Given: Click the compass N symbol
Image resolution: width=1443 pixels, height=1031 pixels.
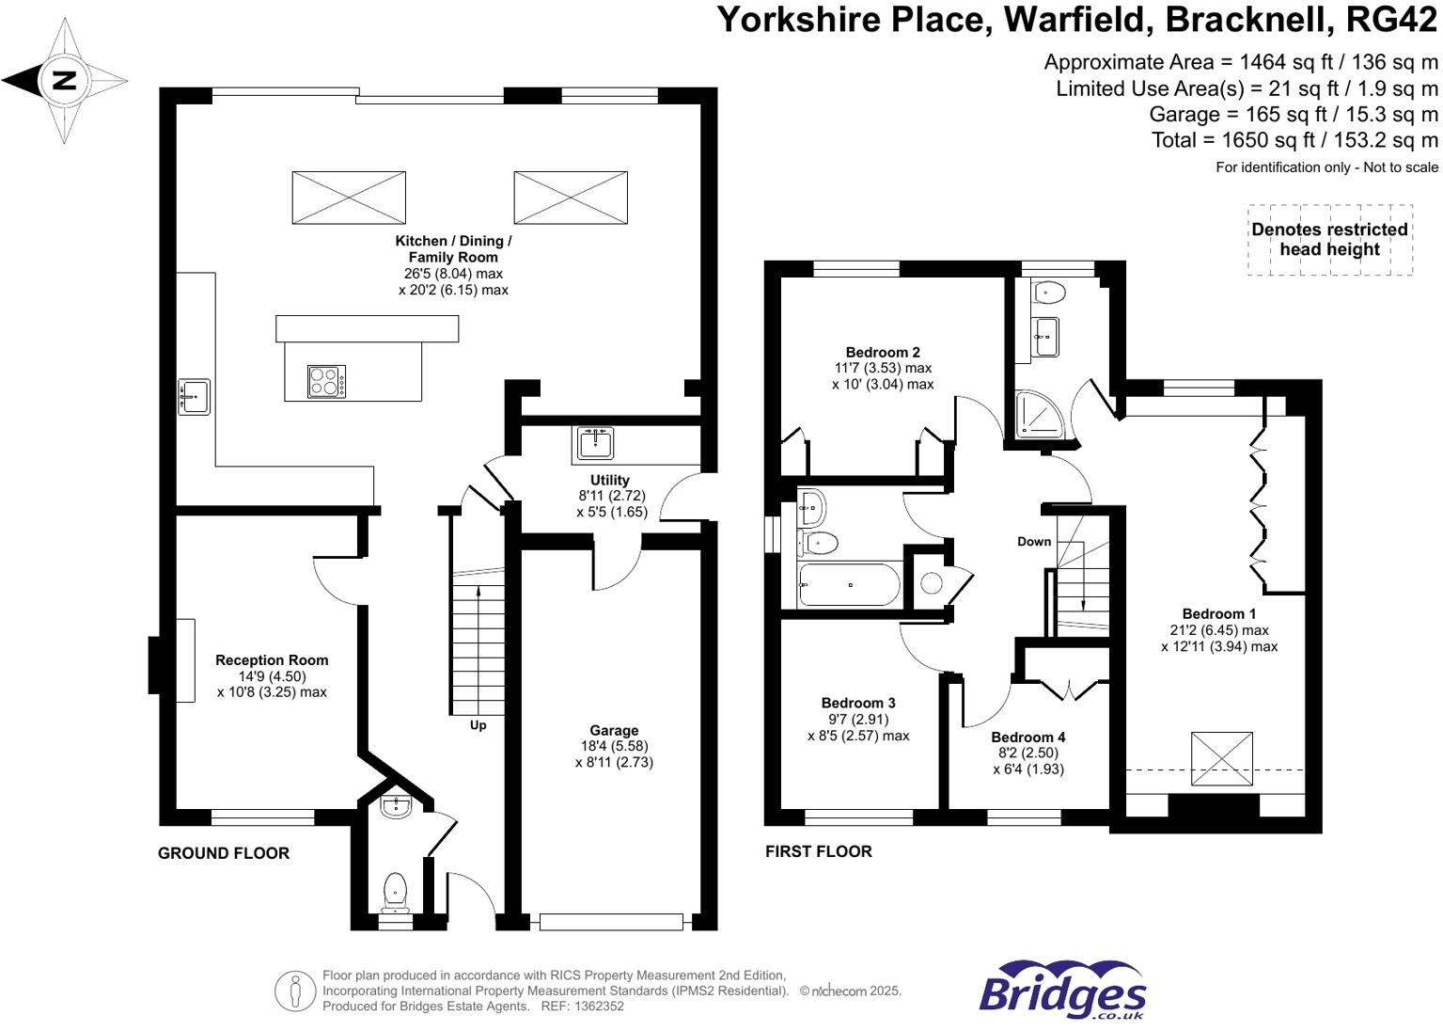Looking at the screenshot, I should (63, 80).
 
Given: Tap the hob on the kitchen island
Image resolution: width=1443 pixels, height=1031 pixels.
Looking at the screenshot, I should (326, 381).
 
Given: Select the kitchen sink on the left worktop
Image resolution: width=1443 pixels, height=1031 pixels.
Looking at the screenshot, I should (195, 396).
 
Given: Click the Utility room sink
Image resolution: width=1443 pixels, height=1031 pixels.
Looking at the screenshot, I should (596, 442).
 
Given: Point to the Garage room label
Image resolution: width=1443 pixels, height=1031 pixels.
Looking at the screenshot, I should (614, 730).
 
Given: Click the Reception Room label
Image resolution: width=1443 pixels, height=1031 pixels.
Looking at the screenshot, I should (272, 660).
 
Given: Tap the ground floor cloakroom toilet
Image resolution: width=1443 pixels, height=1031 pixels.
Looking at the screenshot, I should (396, 890).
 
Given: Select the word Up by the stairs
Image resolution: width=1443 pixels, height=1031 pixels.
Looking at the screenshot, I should (478, 725).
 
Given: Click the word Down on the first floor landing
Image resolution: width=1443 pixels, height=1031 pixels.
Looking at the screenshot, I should (1034, 541).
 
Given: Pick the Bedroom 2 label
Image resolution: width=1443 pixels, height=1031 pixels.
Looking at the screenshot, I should (883, 352).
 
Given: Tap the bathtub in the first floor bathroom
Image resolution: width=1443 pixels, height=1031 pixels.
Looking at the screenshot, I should (849, 584).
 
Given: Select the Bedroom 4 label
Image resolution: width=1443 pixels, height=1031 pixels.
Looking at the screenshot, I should (1027, 737).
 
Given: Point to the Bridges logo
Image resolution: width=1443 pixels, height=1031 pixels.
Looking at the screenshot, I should (1062, 991).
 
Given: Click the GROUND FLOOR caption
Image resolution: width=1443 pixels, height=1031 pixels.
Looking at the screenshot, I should (224, 853).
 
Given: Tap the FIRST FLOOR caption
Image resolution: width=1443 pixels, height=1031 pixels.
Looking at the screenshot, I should (818, 851).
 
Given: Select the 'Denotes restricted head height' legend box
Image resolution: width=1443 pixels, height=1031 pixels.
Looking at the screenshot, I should (1329, 240).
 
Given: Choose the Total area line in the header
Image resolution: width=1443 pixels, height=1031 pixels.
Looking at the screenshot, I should (1294, 140).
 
